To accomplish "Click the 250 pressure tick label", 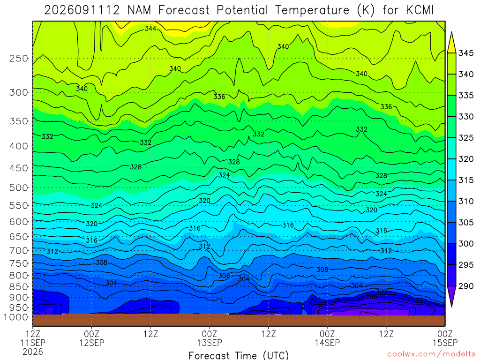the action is click(x=19, y=58).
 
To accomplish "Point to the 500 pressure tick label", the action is click(x=19, y=187).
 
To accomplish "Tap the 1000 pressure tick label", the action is click(x=16, y=317).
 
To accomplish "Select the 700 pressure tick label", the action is click(x=19, y=251).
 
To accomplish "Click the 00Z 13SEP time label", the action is click(x=210, y=338).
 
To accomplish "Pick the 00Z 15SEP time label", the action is click(x=445, y=338).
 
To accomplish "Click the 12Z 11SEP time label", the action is click(x=33, y=338).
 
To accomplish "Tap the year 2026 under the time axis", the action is click(x=33, y=352).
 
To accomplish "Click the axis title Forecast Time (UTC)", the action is click(x=239, y=355).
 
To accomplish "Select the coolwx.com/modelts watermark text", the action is click(x=431, y=354).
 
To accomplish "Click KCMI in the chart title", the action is click(x=420, y=10).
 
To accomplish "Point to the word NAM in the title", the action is click(x=139, y=10).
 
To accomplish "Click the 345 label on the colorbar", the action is click(x=465, y=53).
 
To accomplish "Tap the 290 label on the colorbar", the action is click(x=465, y=286).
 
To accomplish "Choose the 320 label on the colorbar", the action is click(x=465, y=159).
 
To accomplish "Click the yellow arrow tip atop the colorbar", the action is click(x=451, y=32).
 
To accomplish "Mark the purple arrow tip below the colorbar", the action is click(x=451, y=307).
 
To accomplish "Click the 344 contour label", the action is click(x=150, y=29).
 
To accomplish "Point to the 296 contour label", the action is click(x=371, y=297).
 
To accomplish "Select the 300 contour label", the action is click(x=381, y=291).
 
